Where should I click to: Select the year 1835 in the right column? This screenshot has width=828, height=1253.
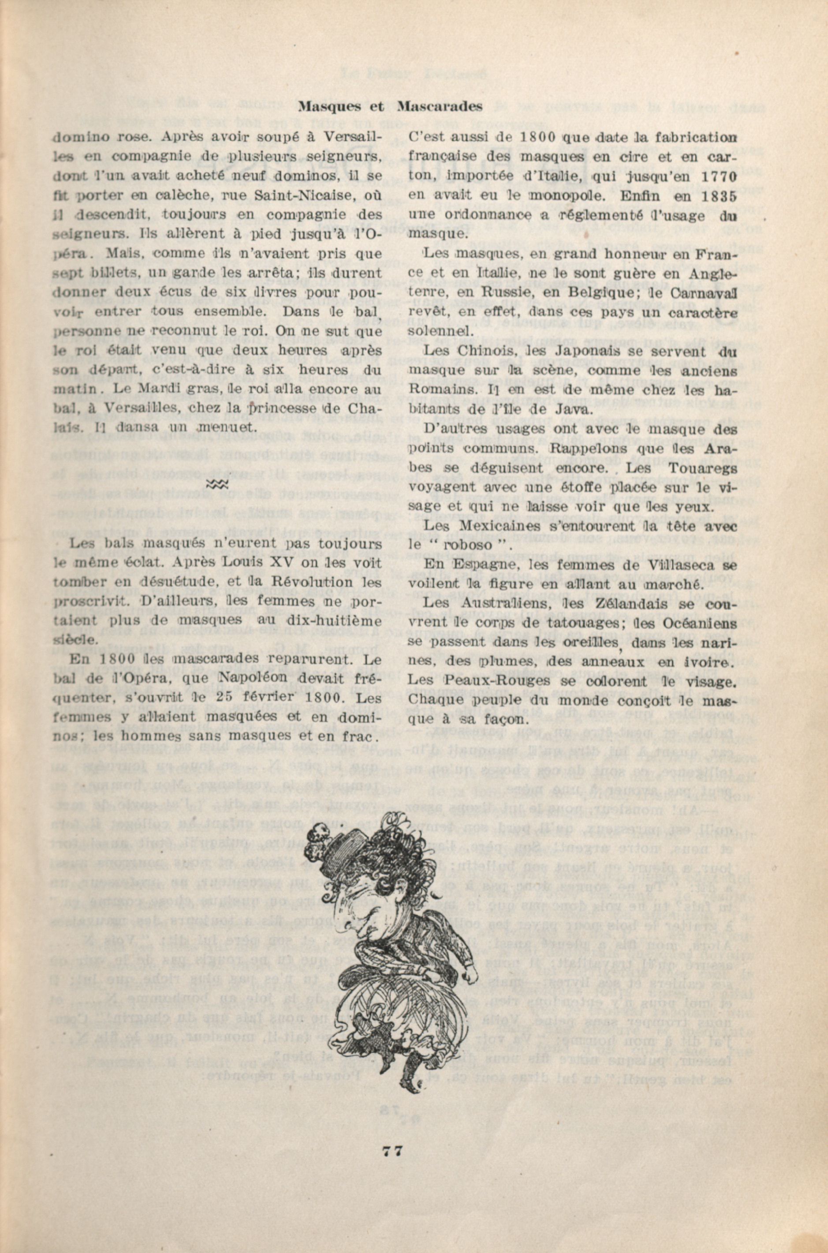click(x=712, y=197)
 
